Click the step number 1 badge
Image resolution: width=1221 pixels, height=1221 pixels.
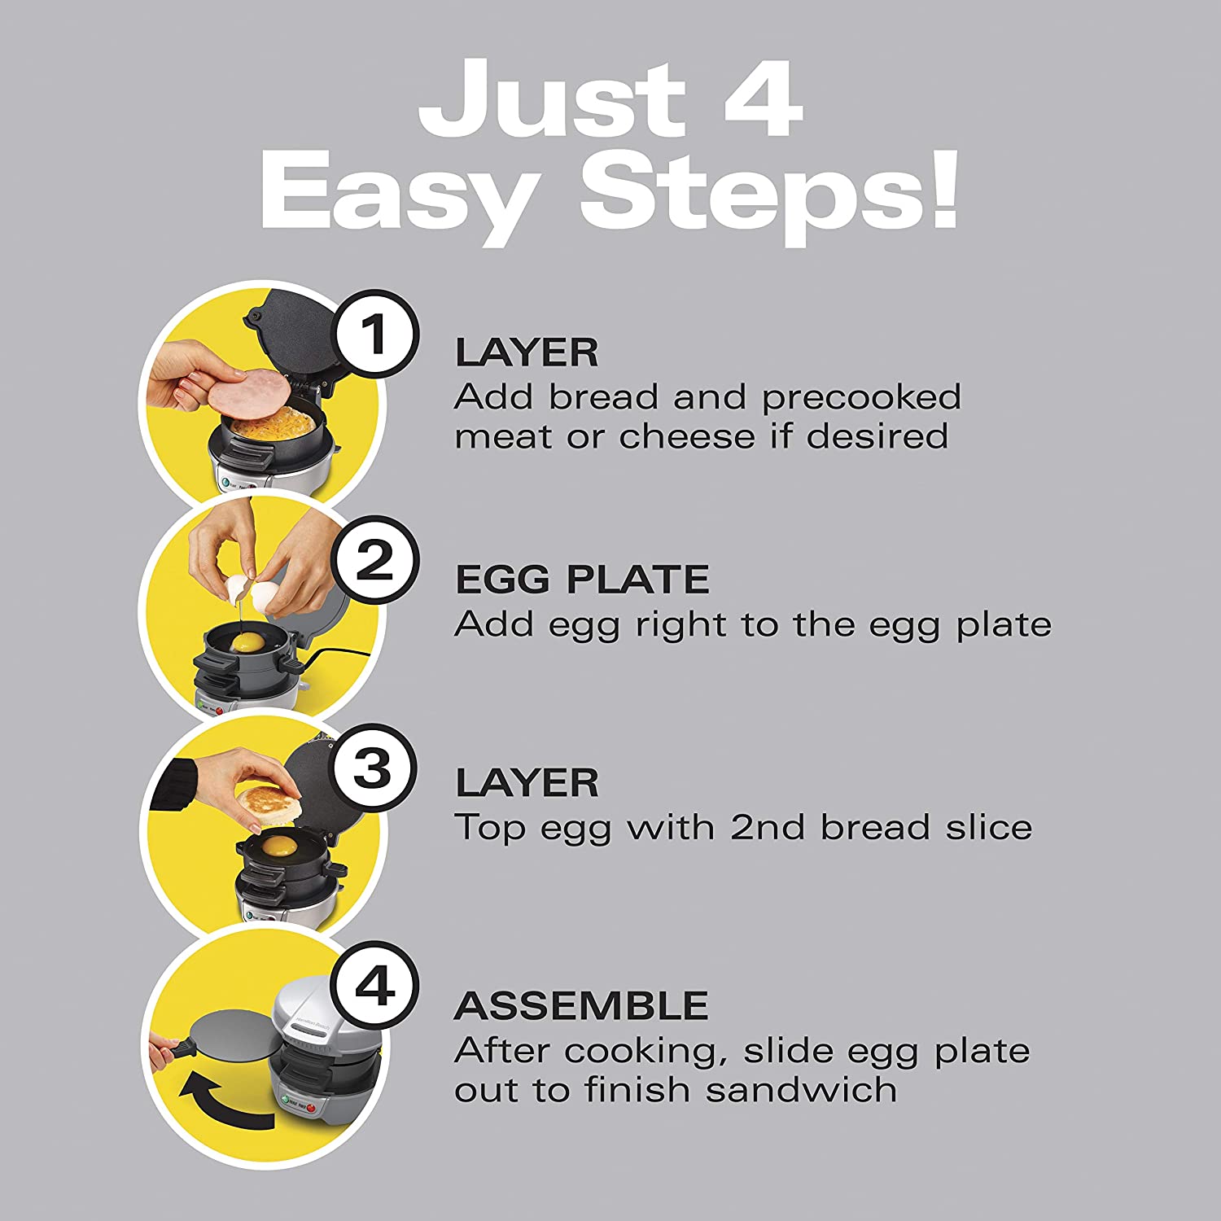coord(375,334)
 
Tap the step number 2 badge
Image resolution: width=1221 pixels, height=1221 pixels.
coord(375,560)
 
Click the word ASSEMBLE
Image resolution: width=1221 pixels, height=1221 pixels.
coord(581,1006)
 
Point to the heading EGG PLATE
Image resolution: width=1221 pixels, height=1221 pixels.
coord(582,580)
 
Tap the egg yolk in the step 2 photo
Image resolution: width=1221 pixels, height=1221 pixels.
coord(247,643)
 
